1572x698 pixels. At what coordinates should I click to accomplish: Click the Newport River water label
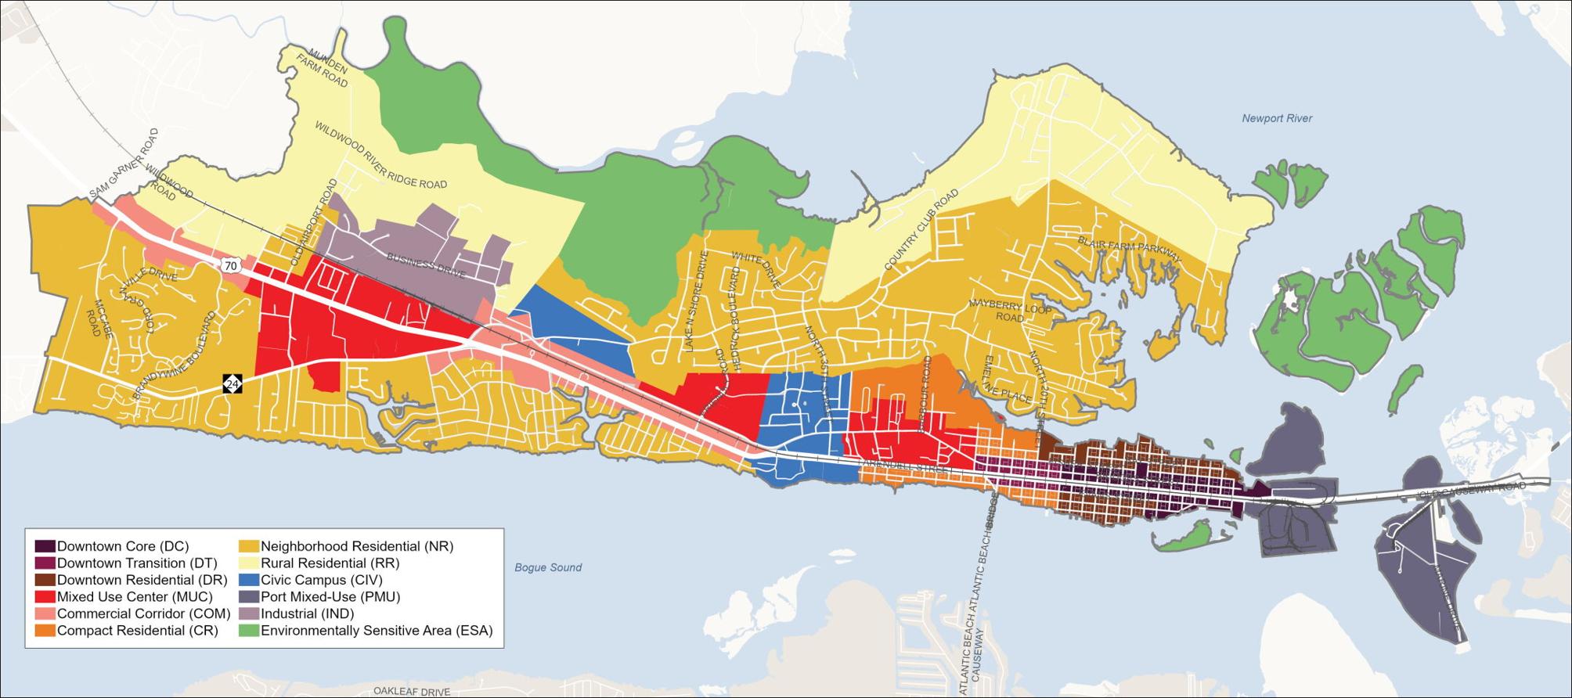pos(1276,118)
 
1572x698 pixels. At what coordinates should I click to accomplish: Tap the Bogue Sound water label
pos(548,567)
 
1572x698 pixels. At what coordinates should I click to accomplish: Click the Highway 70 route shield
pos(230,266)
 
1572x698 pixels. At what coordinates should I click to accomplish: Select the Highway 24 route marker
pos(233,383)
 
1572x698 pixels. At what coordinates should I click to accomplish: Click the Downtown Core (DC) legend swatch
pos(45,546)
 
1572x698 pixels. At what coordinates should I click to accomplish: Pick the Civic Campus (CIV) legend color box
pos(249,580)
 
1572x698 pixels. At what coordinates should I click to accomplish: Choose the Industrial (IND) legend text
pos(307,613)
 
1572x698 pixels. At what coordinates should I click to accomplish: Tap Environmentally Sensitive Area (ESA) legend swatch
pos(249,630)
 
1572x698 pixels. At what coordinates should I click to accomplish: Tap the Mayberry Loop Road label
pos(1009,310)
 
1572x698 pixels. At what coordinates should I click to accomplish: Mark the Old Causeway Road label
pos(1473,487)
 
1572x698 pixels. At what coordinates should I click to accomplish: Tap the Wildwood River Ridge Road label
pos(380,155)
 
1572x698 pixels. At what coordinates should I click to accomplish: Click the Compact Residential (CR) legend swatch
pos(45,630)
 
